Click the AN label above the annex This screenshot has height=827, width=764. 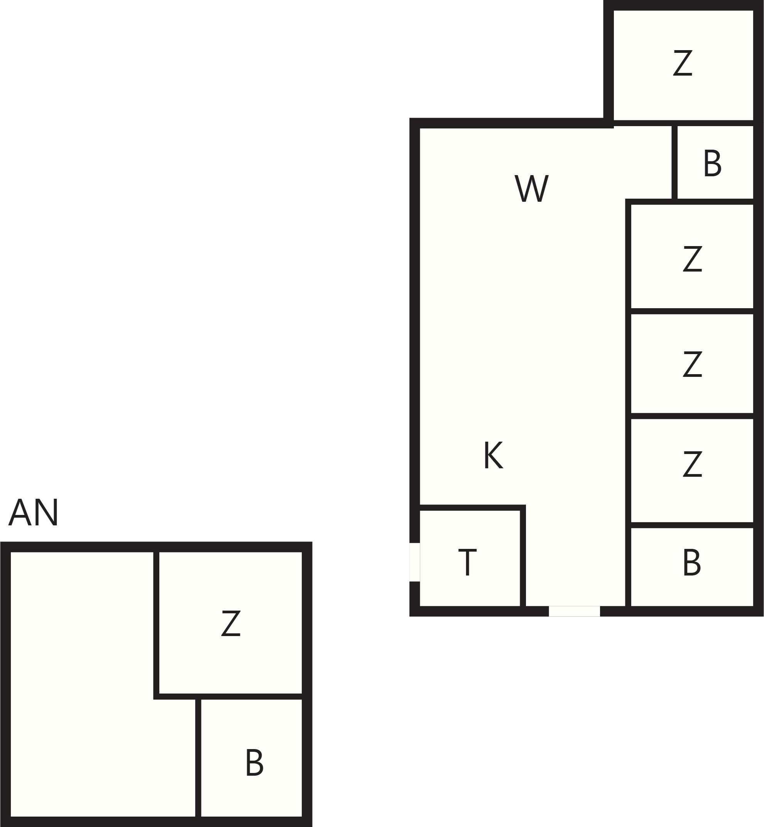(34, 513)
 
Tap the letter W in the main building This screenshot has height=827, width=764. (532, 188)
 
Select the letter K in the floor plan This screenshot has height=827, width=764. (493, 455)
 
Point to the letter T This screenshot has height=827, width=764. (468, 562)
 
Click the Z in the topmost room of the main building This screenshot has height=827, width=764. (683, 63)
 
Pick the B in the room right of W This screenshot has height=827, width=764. (713, 163)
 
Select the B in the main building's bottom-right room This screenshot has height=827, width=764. (691, 562)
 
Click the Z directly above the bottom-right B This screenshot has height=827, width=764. (693, 464)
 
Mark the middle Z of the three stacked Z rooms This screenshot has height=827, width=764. (693, 364)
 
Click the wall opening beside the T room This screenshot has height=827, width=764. (415, 562)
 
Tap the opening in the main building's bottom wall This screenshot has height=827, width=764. (574, 611)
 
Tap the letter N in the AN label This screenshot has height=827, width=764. (46, 513)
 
